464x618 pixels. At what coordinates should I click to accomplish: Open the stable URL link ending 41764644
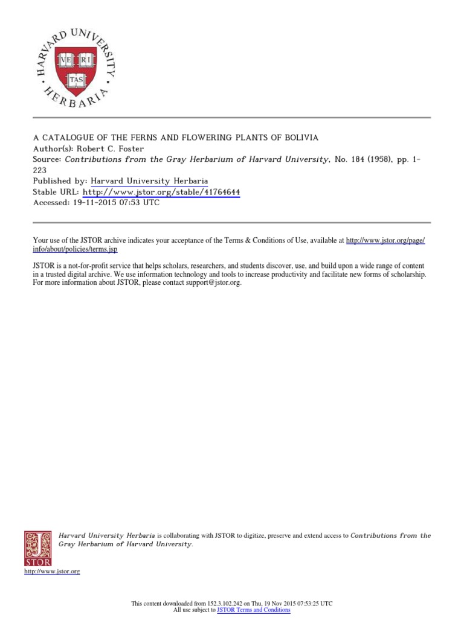coord(161,192)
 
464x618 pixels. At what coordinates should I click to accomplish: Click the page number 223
coord(40,170)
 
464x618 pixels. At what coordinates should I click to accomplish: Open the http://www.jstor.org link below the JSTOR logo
coord(52,571)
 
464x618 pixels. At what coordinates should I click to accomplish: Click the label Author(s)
coord(52,148)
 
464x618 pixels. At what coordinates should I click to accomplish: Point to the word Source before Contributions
coord(47,159)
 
